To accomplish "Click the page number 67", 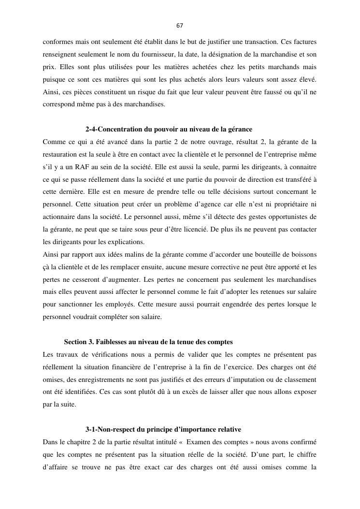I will [x=180, y=26].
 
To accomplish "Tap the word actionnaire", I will [x=59, y=217].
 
